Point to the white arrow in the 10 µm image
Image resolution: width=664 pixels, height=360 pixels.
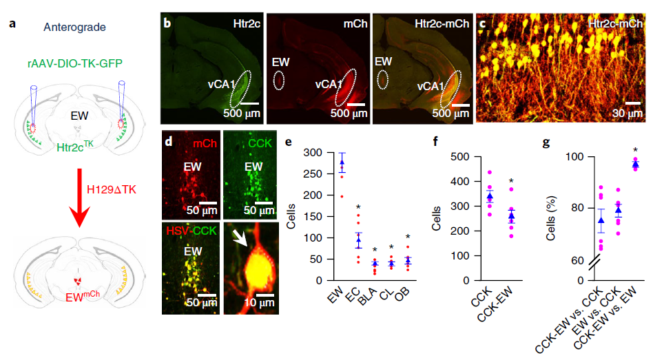[x=239, y=238]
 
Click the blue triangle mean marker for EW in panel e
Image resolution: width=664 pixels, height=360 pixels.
[x=342, y=163]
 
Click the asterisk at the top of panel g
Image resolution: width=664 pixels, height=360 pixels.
[x=636, y=150]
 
